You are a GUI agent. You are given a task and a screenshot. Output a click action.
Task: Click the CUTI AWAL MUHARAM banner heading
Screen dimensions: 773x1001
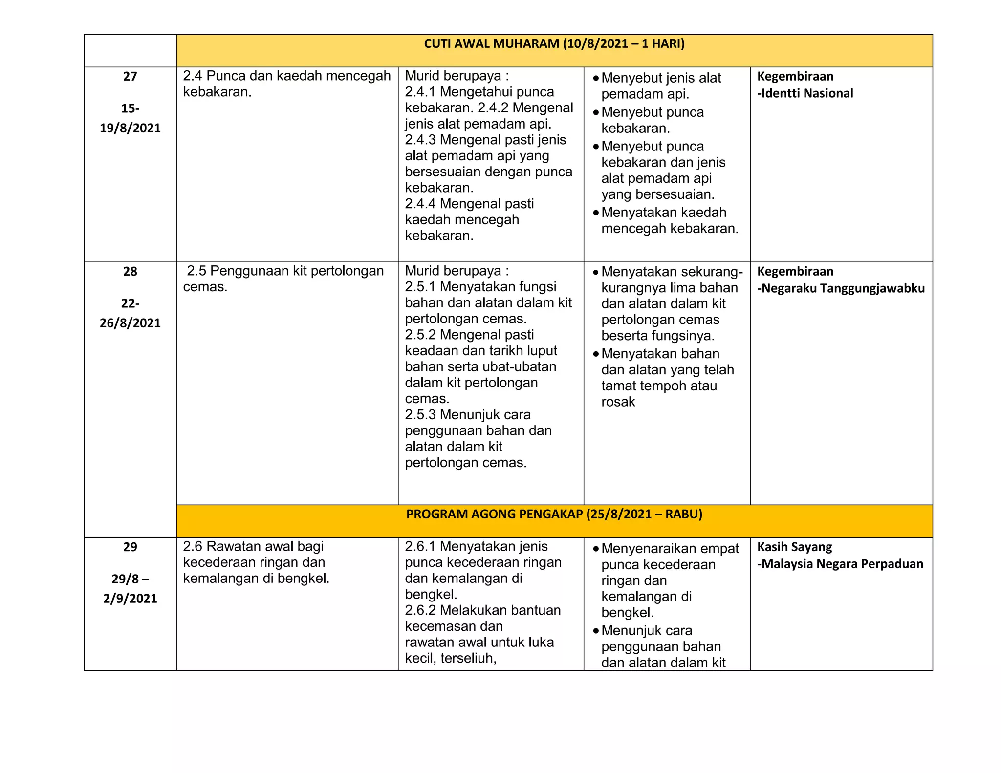[x=554, y=44]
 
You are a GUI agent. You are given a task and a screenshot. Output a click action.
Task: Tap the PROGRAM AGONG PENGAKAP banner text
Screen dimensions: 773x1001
[x=554, y=514]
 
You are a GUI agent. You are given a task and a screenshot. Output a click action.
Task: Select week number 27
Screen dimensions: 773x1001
[x=130, y=76]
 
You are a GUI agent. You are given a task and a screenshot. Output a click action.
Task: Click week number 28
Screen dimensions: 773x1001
[x=130, y=271]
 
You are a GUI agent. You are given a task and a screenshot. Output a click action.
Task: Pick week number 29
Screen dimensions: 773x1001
[x=130, y=547]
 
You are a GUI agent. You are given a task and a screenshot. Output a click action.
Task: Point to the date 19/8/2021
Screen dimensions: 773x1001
[x=130, y=128]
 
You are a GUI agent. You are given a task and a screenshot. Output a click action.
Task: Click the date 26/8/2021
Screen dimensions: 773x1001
[x=130, y=323]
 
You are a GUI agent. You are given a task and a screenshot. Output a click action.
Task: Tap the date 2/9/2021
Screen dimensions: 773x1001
[x=130, y=599]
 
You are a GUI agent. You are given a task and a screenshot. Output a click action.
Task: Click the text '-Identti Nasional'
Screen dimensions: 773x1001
[x=805, y=93]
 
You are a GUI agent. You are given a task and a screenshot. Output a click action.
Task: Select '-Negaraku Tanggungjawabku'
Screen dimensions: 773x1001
[x=841, y=288]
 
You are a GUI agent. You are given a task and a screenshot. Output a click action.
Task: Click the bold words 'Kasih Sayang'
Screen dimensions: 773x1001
[x=794, y=547]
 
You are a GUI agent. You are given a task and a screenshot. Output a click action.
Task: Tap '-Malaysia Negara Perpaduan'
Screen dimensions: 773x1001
[x=840, y=564]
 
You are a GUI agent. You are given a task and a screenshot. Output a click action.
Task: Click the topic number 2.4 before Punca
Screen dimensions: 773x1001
[x=193, y=76]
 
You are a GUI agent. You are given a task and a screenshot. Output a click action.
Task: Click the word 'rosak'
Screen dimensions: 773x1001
[x=618, y=402]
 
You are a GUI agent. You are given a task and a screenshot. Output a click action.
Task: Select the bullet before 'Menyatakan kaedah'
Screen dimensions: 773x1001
[x=596, y=213]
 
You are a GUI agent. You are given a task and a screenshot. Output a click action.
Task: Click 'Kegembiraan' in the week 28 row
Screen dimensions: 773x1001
[x=795, y=271]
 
